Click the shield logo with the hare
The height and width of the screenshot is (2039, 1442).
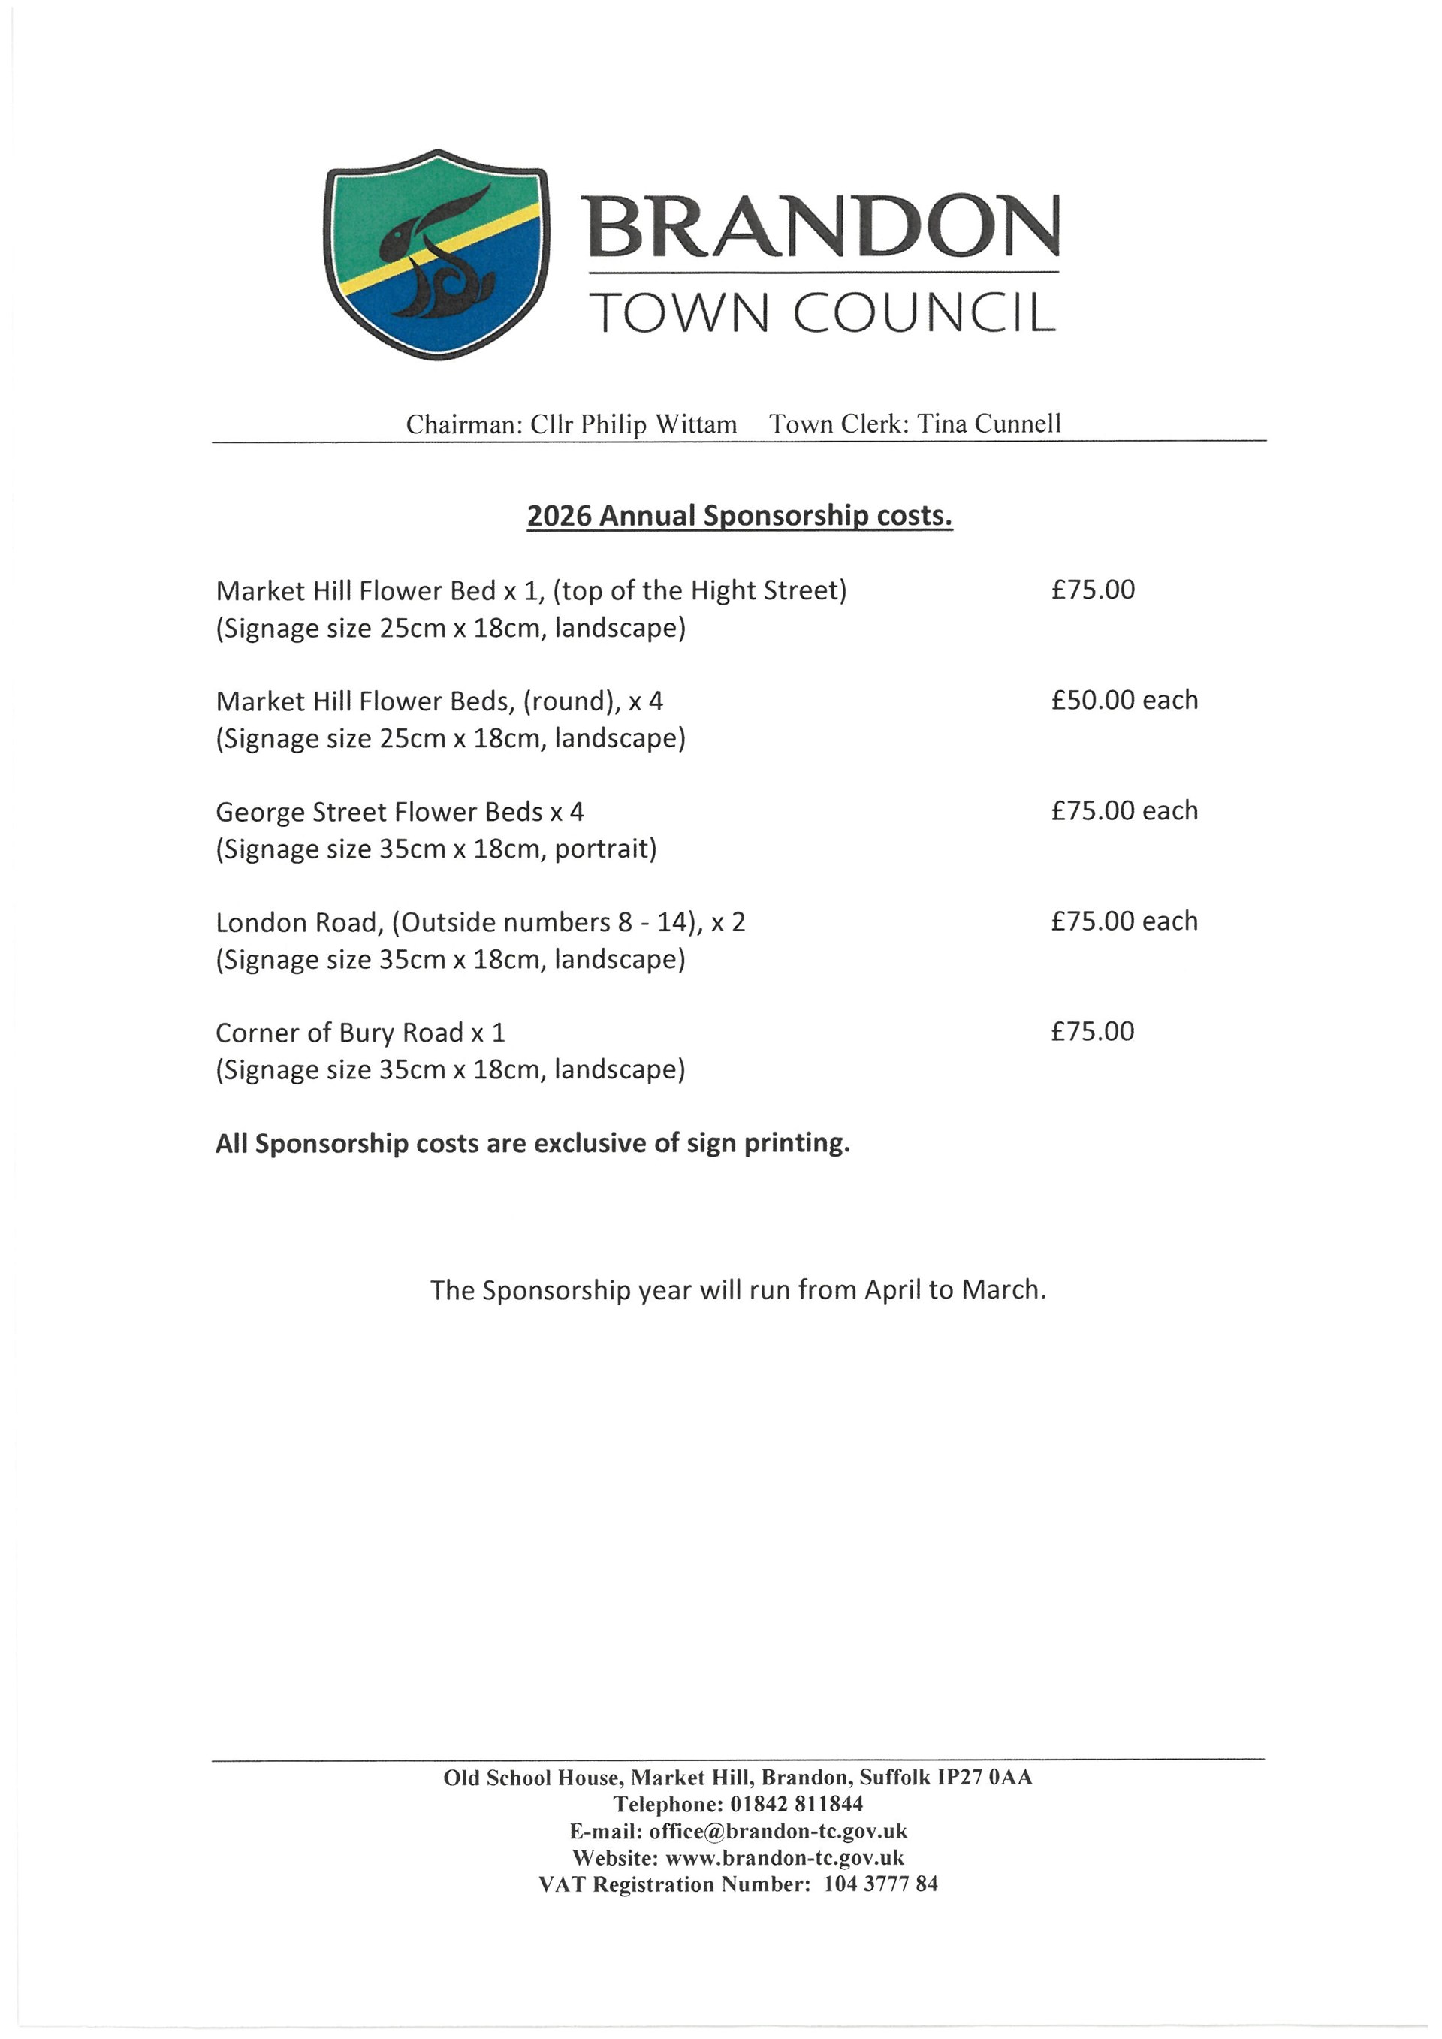pyautogui.click(x=435, y=255)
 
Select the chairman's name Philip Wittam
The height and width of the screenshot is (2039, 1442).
pyautogui.click(x=658, y=424)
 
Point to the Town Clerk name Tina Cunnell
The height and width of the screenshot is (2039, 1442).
pyautogui.click(x=989, y=424)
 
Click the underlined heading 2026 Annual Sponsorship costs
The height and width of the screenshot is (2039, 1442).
pyautogui.click(x=740, y=516)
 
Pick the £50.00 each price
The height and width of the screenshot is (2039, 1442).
pyautogui.click(x=1124, y=701)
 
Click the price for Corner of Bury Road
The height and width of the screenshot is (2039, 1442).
pyautogui.click(x=1092, y=1032)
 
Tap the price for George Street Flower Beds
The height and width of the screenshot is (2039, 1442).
pyautogui.click(x=1124, y=811)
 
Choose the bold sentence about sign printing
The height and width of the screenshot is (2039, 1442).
pyautogui.click(x=532, y=1143)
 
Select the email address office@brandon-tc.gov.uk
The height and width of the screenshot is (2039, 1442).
pyautogui.click(x=778, y=1830)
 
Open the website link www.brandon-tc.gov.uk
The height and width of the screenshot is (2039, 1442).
pyautogui.click(x=785, y=1857)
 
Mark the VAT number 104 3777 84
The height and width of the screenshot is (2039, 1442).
pyautogui.click(x=880, y=1884)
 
